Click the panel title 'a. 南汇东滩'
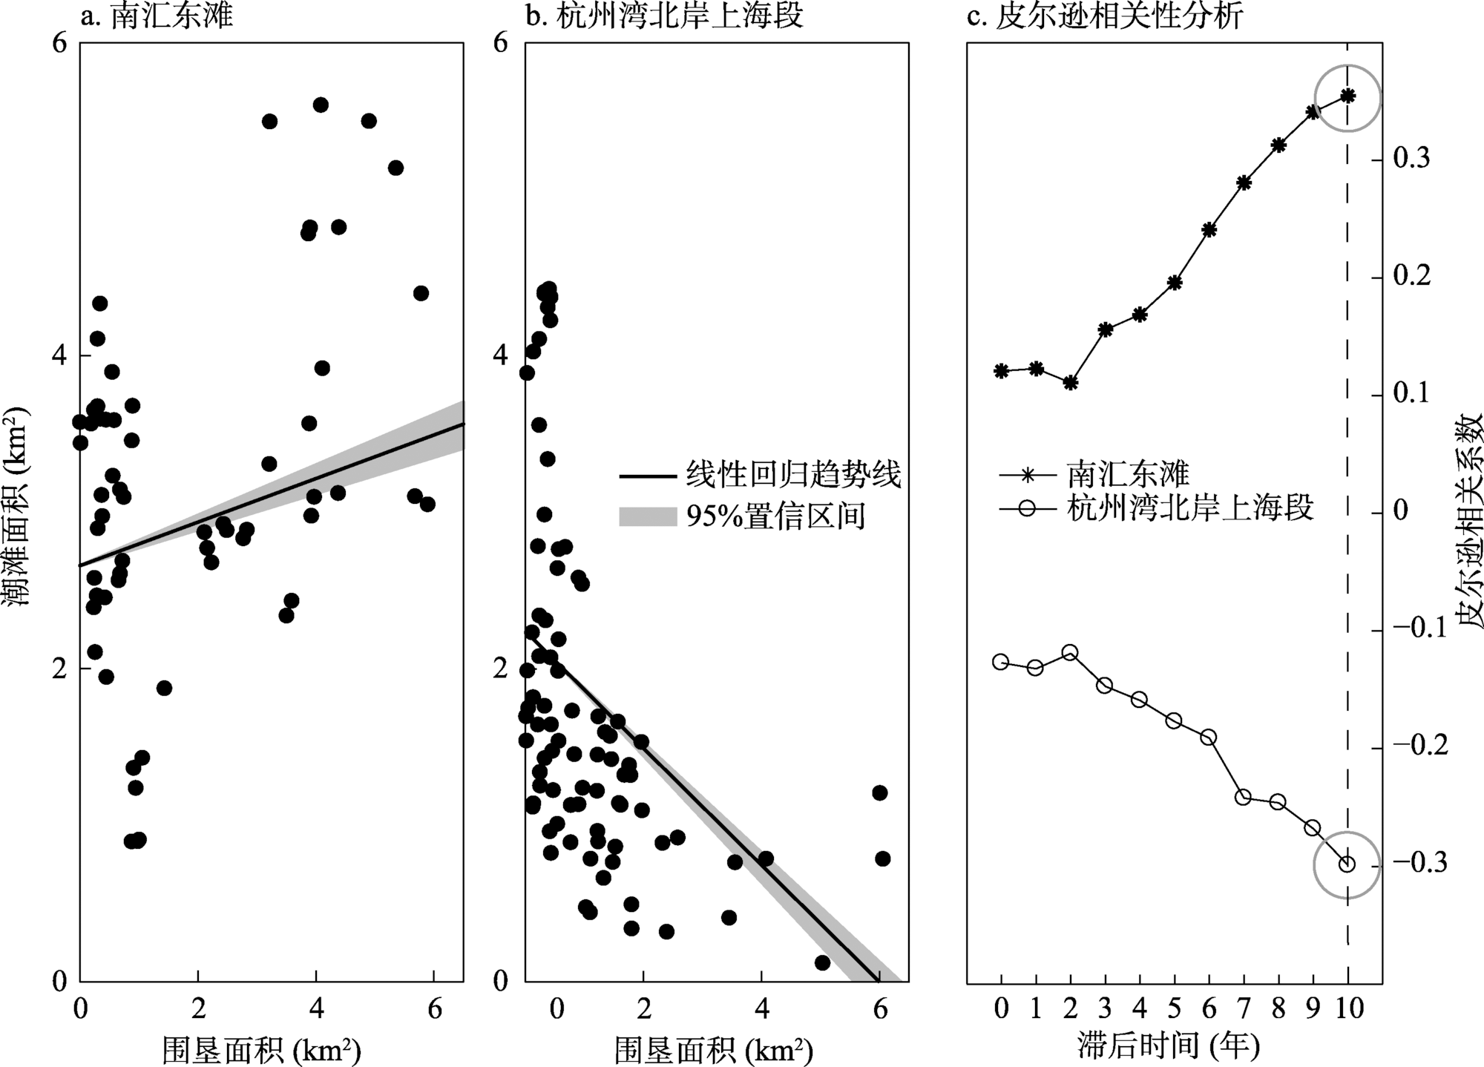[157, 16]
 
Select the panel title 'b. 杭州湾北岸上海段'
[664, 16]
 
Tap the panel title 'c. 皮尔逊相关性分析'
[1105, 16]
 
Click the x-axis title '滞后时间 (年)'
[1168, 1046]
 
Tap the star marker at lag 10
[1347, 96]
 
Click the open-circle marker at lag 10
[1347, 864]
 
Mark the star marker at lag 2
[1070, 383]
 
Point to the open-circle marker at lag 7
[1244, 798]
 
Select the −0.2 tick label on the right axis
[1420, 746]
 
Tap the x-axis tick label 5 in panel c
[1174, 1009]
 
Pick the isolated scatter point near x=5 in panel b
[822, 962]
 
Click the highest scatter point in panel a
[321, 105]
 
